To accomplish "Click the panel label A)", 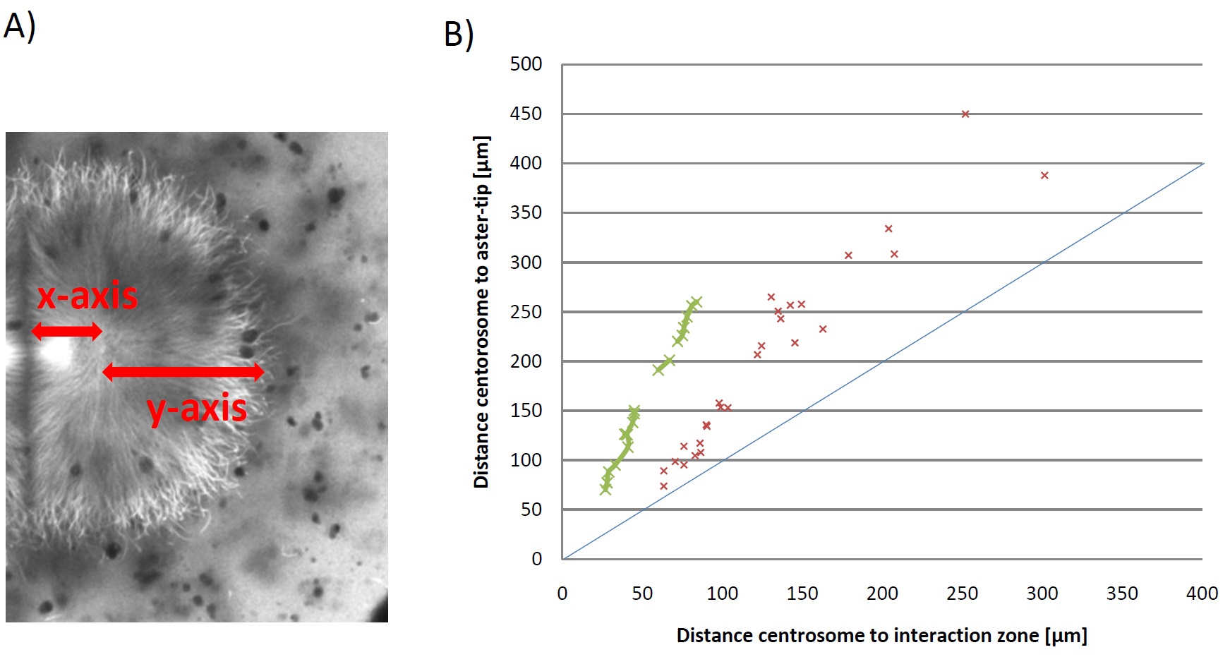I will pos(19,27).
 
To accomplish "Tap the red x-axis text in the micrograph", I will pos(88,296).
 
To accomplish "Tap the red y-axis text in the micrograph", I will pos(197,409).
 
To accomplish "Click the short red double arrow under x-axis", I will pos(67,330).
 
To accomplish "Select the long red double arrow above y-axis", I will pos(183,371).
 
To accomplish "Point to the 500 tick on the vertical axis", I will pos(526,64).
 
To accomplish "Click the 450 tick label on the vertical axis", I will pos(526,114).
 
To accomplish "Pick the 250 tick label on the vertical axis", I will pos(526,312).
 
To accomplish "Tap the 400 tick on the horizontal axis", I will pos(1202,593).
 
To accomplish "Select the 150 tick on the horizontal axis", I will pos(802,593).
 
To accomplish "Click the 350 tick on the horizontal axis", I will pos(1122,593).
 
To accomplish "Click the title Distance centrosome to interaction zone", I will pos(881,636).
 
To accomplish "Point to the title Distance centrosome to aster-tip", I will pos(481,312).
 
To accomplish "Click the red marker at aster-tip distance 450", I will pos(965,114).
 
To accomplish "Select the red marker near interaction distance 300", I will pos(1044,176).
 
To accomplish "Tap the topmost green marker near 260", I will pos(696,303).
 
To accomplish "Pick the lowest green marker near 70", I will pos(605,488).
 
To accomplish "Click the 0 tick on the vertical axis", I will pos(536,559).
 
